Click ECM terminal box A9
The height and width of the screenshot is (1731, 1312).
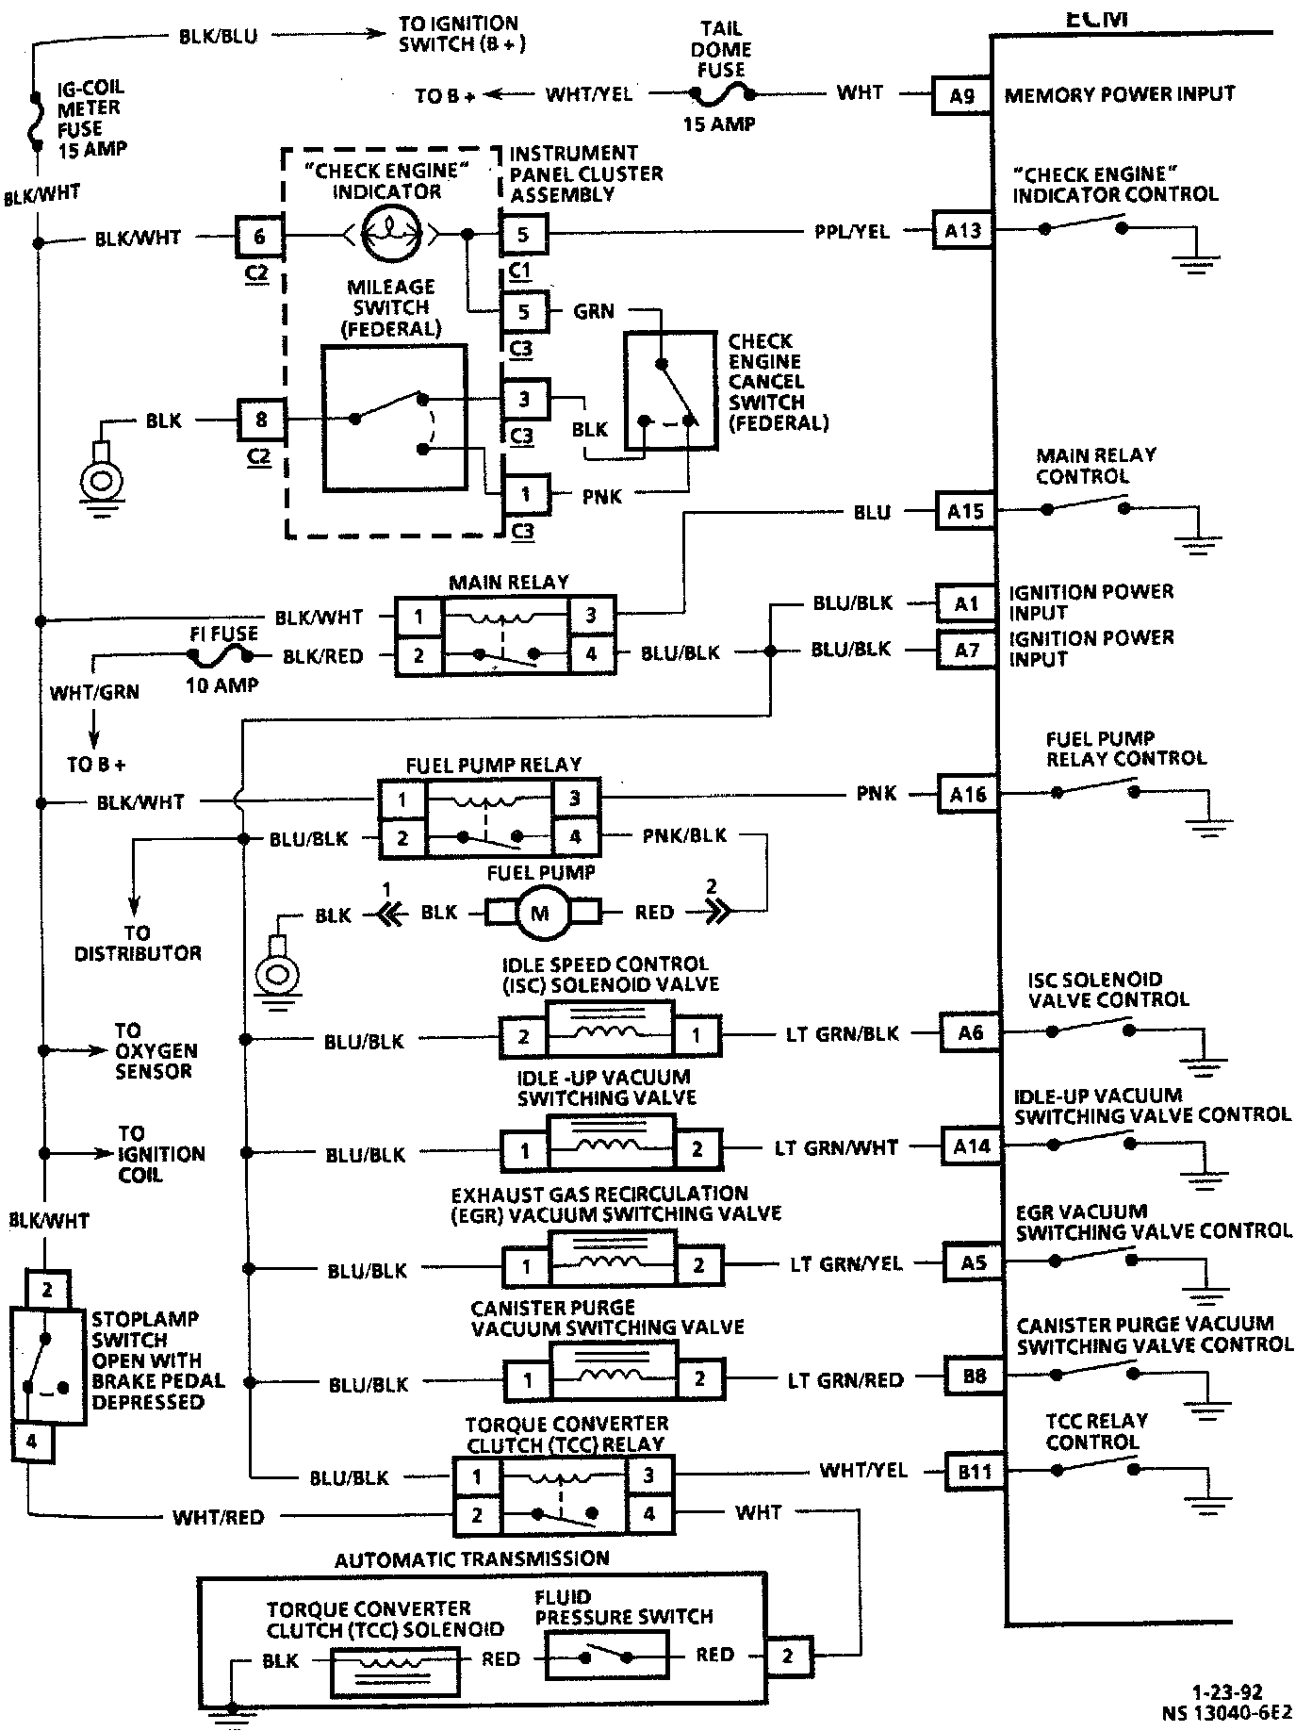coord(961,94)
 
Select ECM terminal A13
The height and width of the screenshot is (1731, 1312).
coord(962,230)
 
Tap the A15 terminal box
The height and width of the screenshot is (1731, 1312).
coord(965,511)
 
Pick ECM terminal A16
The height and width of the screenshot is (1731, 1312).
coord(968,794)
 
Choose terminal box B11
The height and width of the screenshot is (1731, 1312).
coord(975,1470)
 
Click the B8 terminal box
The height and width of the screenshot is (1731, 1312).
coord(974,1376)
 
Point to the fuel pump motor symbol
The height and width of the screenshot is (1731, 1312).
coord(540,912)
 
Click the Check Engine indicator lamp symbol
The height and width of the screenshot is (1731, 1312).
coord(387,233)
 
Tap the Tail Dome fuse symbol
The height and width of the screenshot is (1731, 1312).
coord(721,94)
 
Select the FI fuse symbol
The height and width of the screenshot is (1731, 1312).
coord(223,656)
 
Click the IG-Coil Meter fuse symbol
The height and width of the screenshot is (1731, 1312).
coord(36,121)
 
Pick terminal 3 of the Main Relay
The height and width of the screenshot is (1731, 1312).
coord(591,616)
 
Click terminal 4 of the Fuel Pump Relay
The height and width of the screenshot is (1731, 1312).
coord(575,836)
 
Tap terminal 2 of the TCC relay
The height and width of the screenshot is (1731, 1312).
coord(477,1515)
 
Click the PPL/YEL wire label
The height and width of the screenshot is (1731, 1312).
coord(852,231)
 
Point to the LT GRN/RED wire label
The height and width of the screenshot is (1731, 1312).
coord(845,1380)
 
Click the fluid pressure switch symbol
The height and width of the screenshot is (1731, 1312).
coord(607,1656)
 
